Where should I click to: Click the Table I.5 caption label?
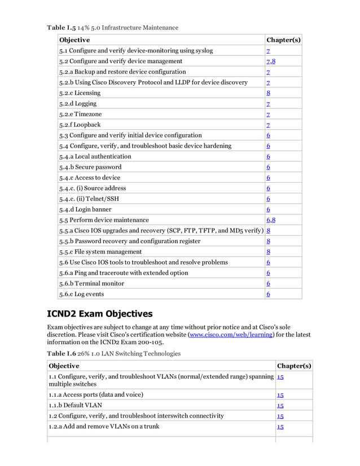coord(61,28)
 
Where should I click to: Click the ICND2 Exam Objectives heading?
coord(99,314)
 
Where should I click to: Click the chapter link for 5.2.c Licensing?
coord(269,93)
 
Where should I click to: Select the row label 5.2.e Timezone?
coord(81,114)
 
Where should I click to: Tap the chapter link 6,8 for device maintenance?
coord(271,220)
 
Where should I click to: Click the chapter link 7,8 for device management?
coord(271,61)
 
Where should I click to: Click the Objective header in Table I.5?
coord(74,40)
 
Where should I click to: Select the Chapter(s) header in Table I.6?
coord(293,366)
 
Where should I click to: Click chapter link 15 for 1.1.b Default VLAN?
coord(280,405)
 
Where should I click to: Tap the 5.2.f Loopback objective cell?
coord(80,125)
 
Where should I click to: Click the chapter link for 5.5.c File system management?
coord(269,252)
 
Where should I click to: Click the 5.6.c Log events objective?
coord(81,294)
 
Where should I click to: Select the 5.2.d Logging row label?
coord(78,103)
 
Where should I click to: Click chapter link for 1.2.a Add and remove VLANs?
coord(280,427)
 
